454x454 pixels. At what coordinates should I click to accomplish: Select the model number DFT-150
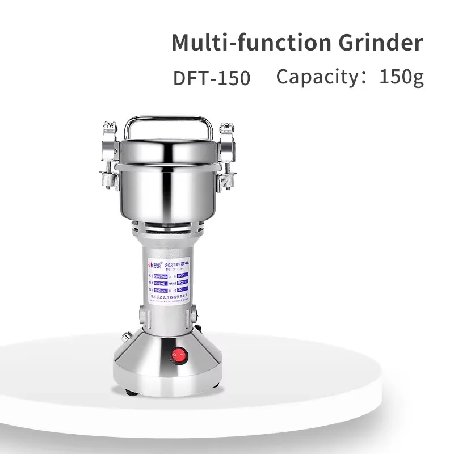(x=212, y=78)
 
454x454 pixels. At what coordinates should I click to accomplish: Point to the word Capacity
(x=316, y=77)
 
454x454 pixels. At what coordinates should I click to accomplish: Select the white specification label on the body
(x=170, y=281)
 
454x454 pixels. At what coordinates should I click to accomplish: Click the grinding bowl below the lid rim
(x=169, y=196)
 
